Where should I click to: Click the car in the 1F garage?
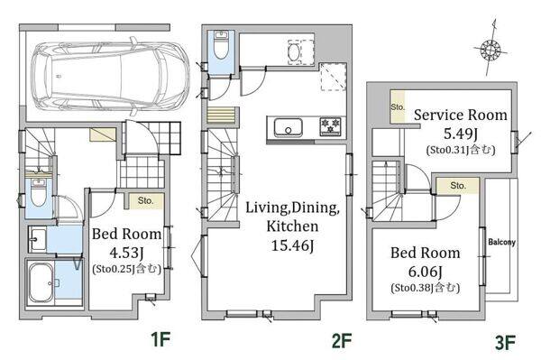click(x=110, y=77)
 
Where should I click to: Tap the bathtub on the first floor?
click(x=41, y=282)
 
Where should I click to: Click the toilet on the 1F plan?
click(x=38, y=192)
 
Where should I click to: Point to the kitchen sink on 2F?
click(x=289, y=127)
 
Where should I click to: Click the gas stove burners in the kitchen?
click(x=330, y=126)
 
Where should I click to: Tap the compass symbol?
click(x=491, y=49)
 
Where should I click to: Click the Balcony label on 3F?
click(x=501, y=242)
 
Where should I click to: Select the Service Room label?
click(x=460, y=115)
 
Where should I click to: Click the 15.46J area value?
click(x=292, y=245)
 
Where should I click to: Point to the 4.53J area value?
click(x=126, y=253)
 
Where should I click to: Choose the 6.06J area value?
click(x=425, y=272)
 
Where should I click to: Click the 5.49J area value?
click(x=460, y=134)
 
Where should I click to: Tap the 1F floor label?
click(x=161, y=339)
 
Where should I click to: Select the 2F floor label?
click(x=342, y=341)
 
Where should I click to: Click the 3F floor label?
click(x=505, y=343)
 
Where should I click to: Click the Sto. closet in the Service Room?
click(x=398, y=106)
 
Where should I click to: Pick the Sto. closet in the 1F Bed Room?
click(x=145, y=201)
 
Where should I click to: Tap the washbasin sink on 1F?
click(x=37, y=239)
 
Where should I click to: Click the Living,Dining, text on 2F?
click(x=292, y=208)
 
